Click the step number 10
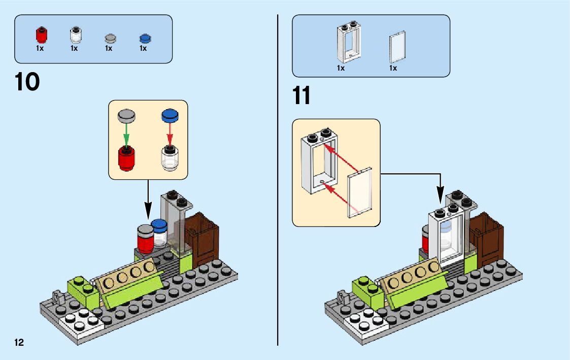[x=27, y=82]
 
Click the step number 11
[x=301, y=95]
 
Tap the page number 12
[x=19, y=342]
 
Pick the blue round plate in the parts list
[x=145, y=38]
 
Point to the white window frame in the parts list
[x=348, y=43]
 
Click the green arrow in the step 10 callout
[x=126, y=134]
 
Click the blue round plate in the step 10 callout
[x=171, y=115]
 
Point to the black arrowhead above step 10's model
[x=148, y=211]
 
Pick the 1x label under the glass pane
[x=393, y=68]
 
